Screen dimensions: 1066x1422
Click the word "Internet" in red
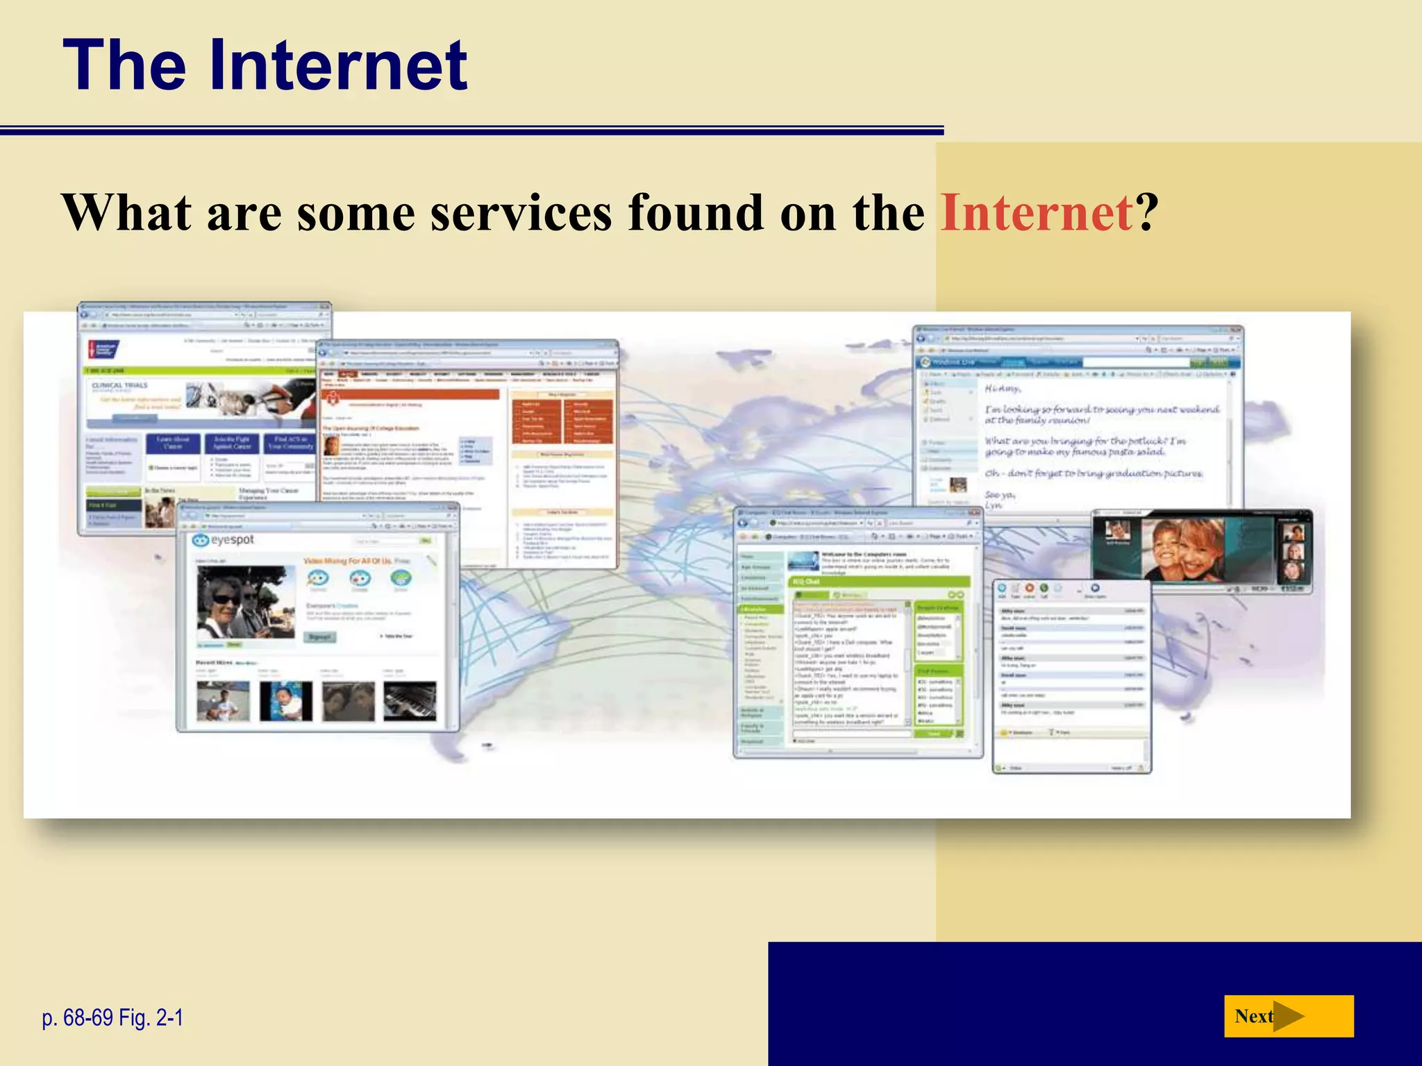pyautogui.click(x=1037, y=213)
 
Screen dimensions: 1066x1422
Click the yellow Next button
pyautogui.click(x=1288, y=1016)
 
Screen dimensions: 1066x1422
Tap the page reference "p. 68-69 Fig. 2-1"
pyautogui.click(x=112, y=1018)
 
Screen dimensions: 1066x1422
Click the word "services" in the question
pyautogui.click(x=521, y=213)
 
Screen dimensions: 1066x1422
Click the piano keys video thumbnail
pyautogui.click(x=410, y=700)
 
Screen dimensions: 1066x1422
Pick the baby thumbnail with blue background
pyautogui.click(x=285, y=700)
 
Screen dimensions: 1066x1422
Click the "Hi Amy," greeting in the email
pyautogui.click(x=1002, y=389)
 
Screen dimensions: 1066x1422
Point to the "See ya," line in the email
pyautogui.click(x=1000, y=494)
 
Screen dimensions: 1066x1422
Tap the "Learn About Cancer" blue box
pyautogui.click(x=173, y=443)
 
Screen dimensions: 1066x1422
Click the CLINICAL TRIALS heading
pyautogui.click(x=120, y=385)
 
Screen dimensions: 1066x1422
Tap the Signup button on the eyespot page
pyautogui.click(x=319, y=636)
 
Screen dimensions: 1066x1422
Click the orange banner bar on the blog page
pyautogui.click(x=410, y=394)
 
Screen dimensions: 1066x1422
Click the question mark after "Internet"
pyautogui.click(x=1147, y=213)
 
